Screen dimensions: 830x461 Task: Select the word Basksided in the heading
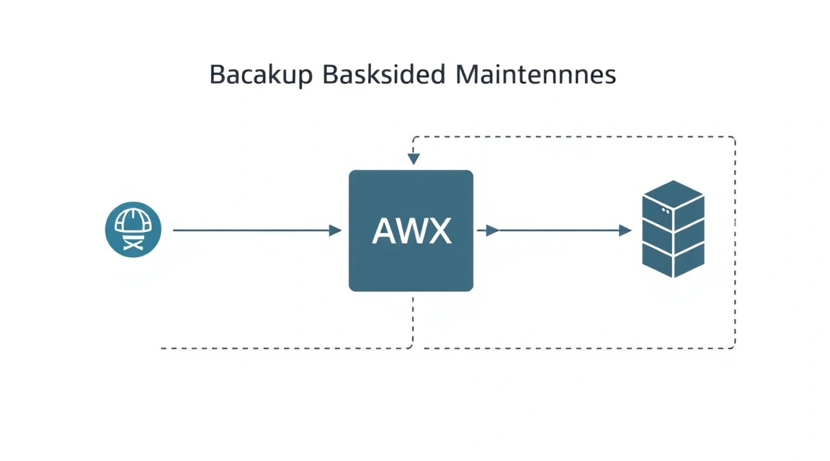pyautogui.click(x=384, y=74)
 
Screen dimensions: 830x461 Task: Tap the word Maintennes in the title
pyautogui.click(x=536, y=74)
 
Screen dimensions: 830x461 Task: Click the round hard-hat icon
pyautogui.click(x=133, y=229)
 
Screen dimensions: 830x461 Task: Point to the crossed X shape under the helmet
pyautogui.click(x=133, y=244)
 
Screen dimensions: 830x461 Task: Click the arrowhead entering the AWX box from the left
pyautogui.click(x=335, y=230)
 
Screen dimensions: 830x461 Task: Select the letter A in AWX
pyautogui.click(x=385, y=230)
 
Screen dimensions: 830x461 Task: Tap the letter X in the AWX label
pyautogui.click(x=440, y=230)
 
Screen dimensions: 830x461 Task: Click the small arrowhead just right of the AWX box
pyautogui.click(x=492, y=230)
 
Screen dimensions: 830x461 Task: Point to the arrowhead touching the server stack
pyautogui.click(x=625, y=230)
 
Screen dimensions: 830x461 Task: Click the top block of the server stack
pyautogui.click(x=674, y=205)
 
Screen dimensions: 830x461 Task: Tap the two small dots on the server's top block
pyautogui.click(x=666, y=210)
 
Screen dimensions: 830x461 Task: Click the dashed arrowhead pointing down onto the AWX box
pyautogui.click(x=414, y=158)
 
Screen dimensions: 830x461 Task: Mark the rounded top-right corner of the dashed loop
pyautogui.click(x=733, y=139)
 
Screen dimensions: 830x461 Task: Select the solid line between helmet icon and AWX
pyautogui.click(x=251, y=230)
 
